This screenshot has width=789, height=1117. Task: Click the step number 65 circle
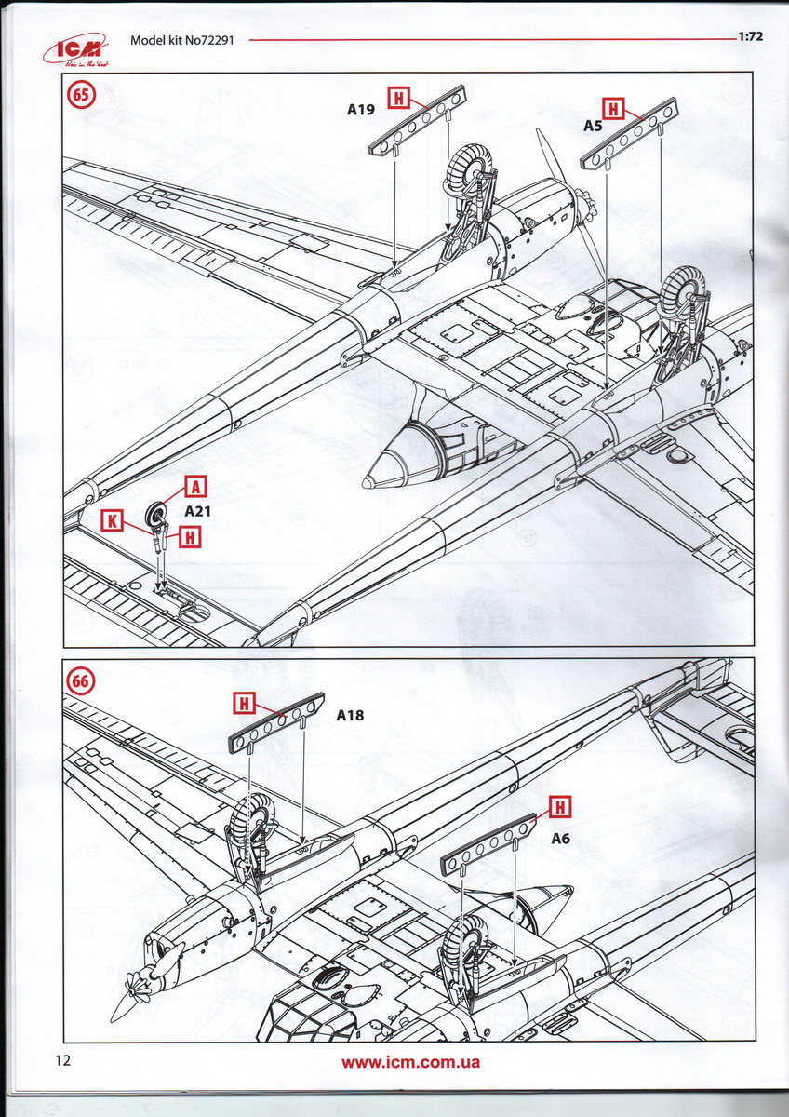[x=81, y=95]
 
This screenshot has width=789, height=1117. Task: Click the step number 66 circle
[x=81, y=680]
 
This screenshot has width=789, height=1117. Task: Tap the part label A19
[x=361, y=110]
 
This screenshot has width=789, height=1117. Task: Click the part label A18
[x=350, y=716]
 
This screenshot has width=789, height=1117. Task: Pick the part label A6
[x=561, y=839]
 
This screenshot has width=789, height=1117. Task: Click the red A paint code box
[x=197, y=485]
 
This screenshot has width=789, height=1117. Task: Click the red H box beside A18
[x=244, y=704]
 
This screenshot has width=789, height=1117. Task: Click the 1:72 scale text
[x=750, y=38]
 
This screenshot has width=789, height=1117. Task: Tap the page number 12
[x=62, y=1060]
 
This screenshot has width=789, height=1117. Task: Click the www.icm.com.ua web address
[x=410, y=1062]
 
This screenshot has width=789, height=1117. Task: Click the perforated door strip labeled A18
[x=276, y=721]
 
